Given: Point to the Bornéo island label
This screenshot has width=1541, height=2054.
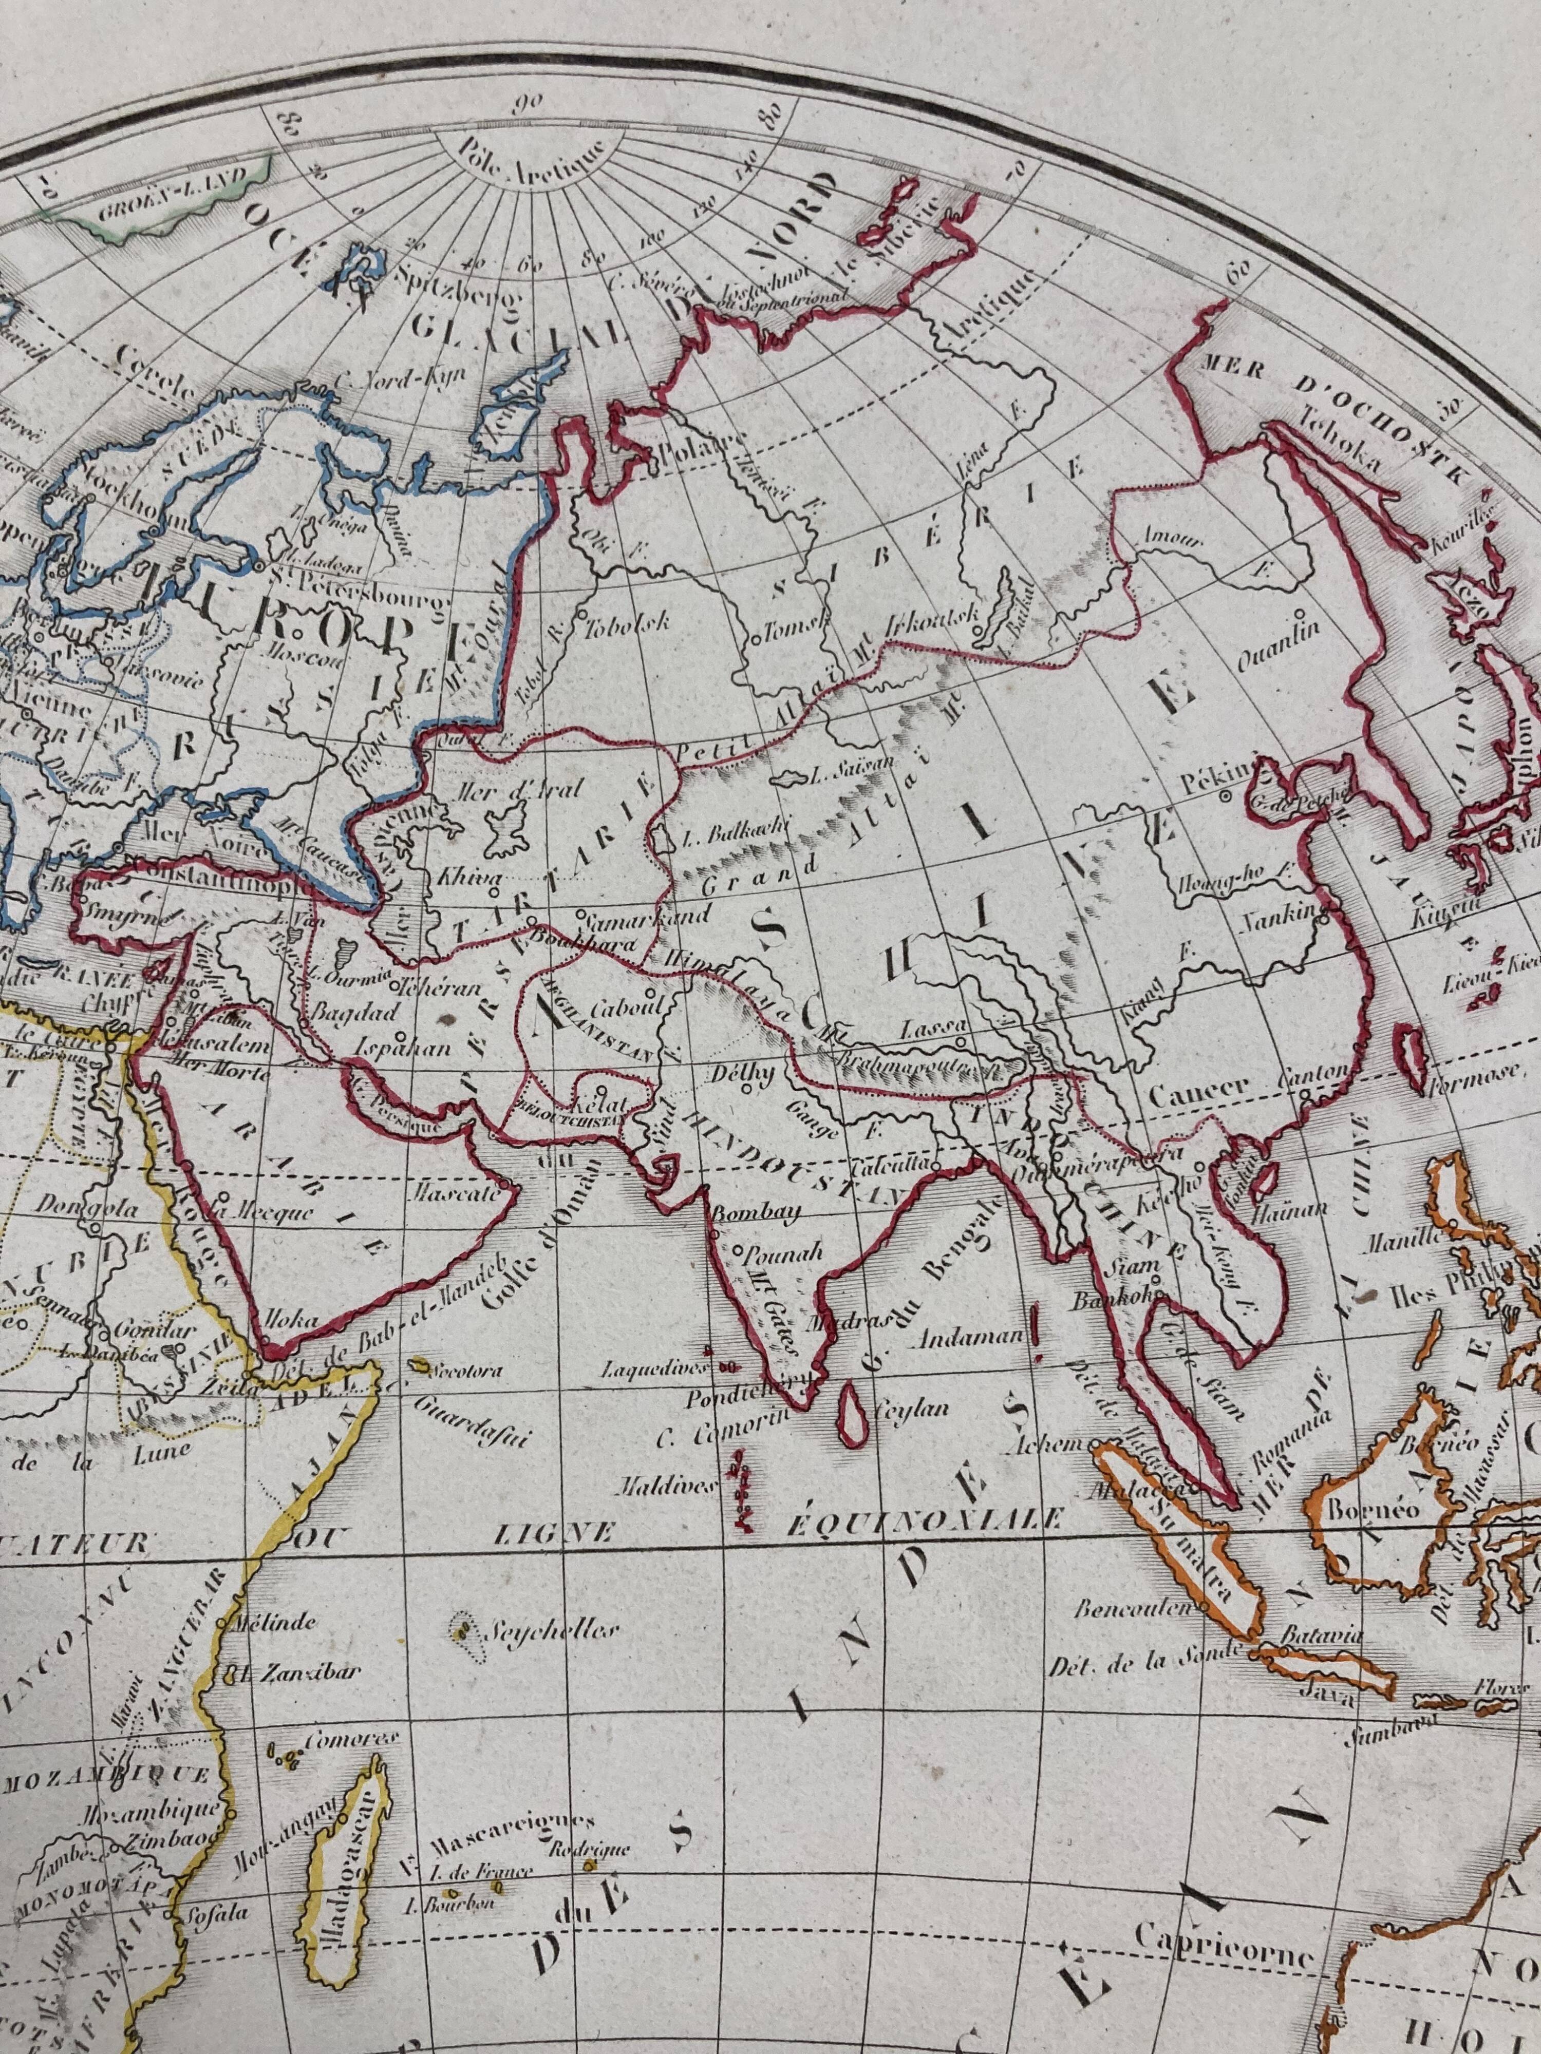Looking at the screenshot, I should pyautogui.click(x=1360, y=1509).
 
